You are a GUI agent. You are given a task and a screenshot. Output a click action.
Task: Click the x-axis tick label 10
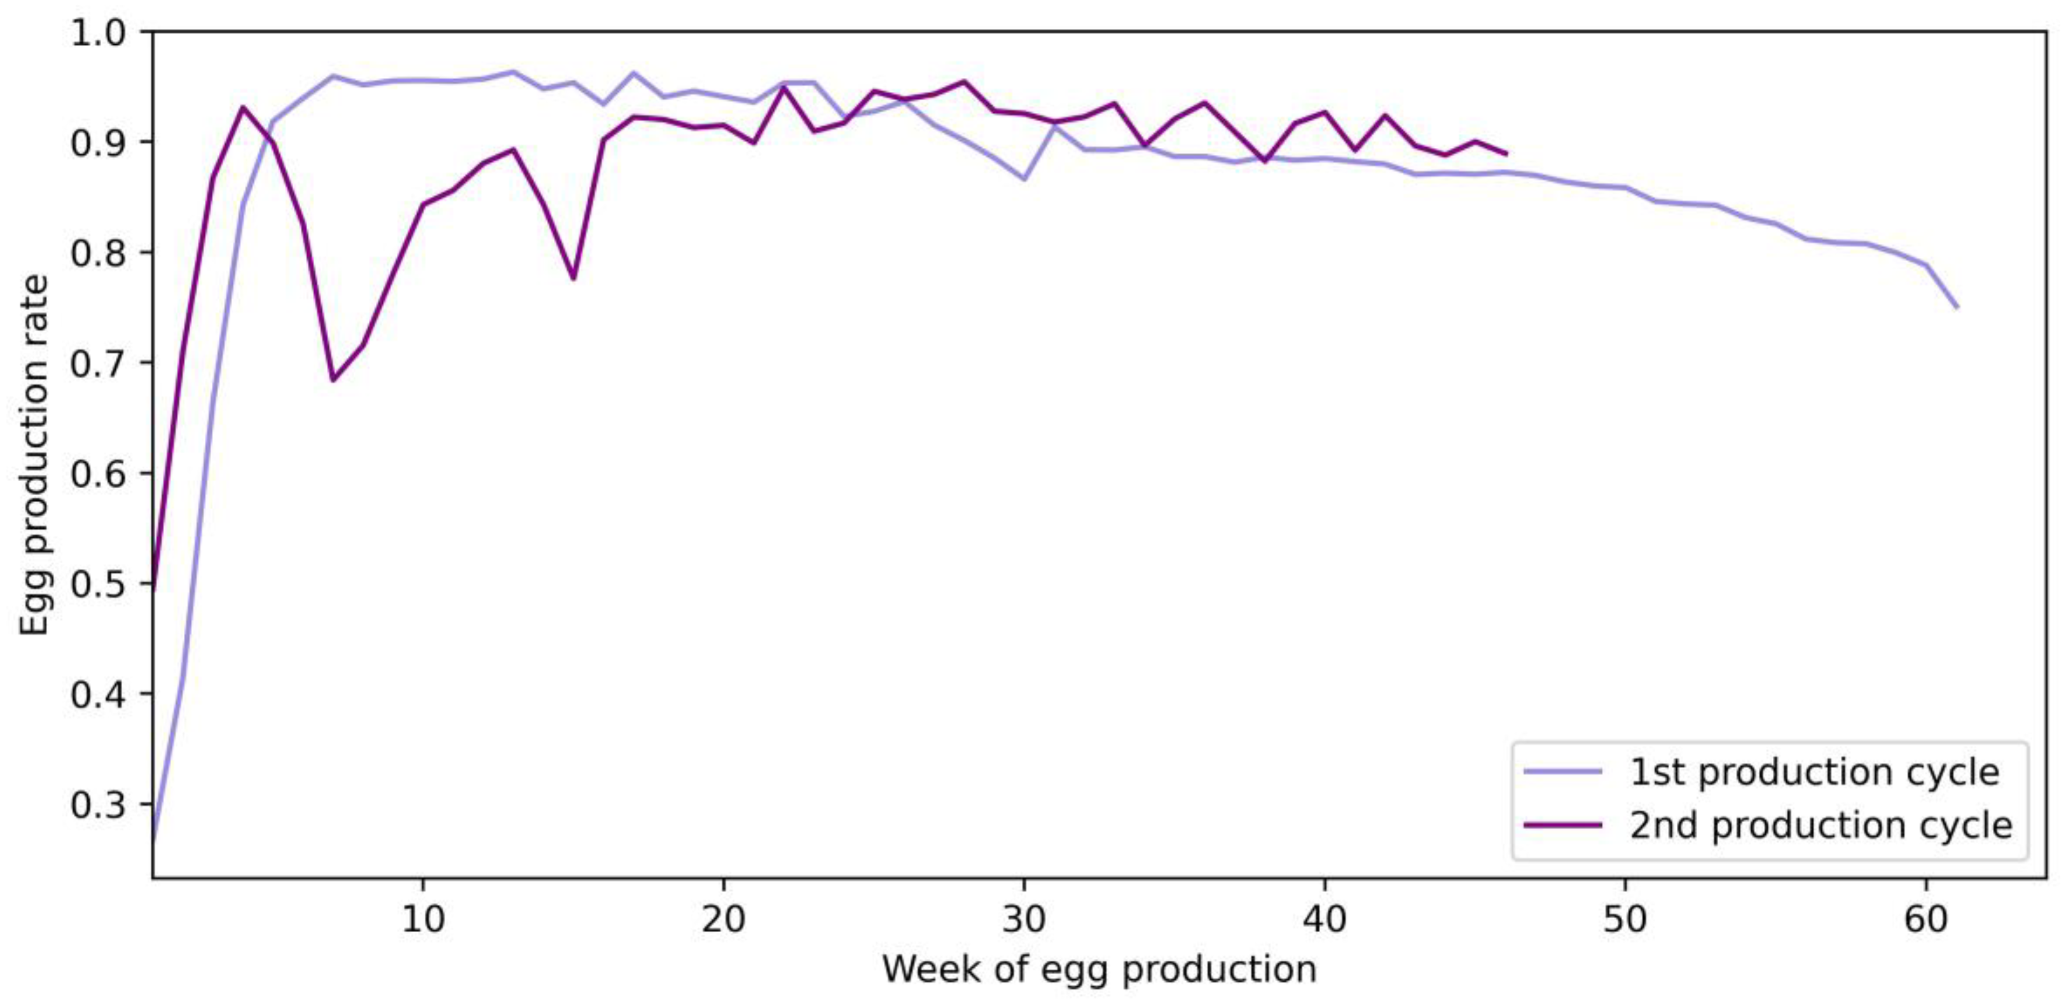[422, 921]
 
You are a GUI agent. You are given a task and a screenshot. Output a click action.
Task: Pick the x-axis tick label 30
[1024, 921]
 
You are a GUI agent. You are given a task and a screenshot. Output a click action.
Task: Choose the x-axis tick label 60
[1925, 921]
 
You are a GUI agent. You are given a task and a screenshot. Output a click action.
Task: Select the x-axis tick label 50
[1625, 921]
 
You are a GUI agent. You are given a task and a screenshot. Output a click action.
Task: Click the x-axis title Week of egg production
[1099, 969]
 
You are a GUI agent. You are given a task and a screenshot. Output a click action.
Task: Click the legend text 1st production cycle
[1815, 772]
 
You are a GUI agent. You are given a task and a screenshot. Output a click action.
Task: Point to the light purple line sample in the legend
[1563, 772]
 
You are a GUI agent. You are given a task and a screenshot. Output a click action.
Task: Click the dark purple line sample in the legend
[1563, 825]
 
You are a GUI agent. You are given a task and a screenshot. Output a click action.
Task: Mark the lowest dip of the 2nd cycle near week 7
[333, 380]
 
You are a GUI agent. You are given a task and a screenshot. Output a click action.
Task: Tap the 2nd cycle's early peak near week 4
[243, 107]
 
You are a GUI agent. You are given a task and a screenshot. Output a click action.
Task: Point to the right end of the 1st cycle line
[1956, 307]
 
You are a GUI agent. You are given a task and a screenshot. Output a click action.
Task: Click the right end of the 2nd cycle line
[1506, 154]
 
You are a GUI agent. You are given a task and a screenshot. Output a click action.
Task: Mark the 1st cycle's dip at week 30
[1024, 179]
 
